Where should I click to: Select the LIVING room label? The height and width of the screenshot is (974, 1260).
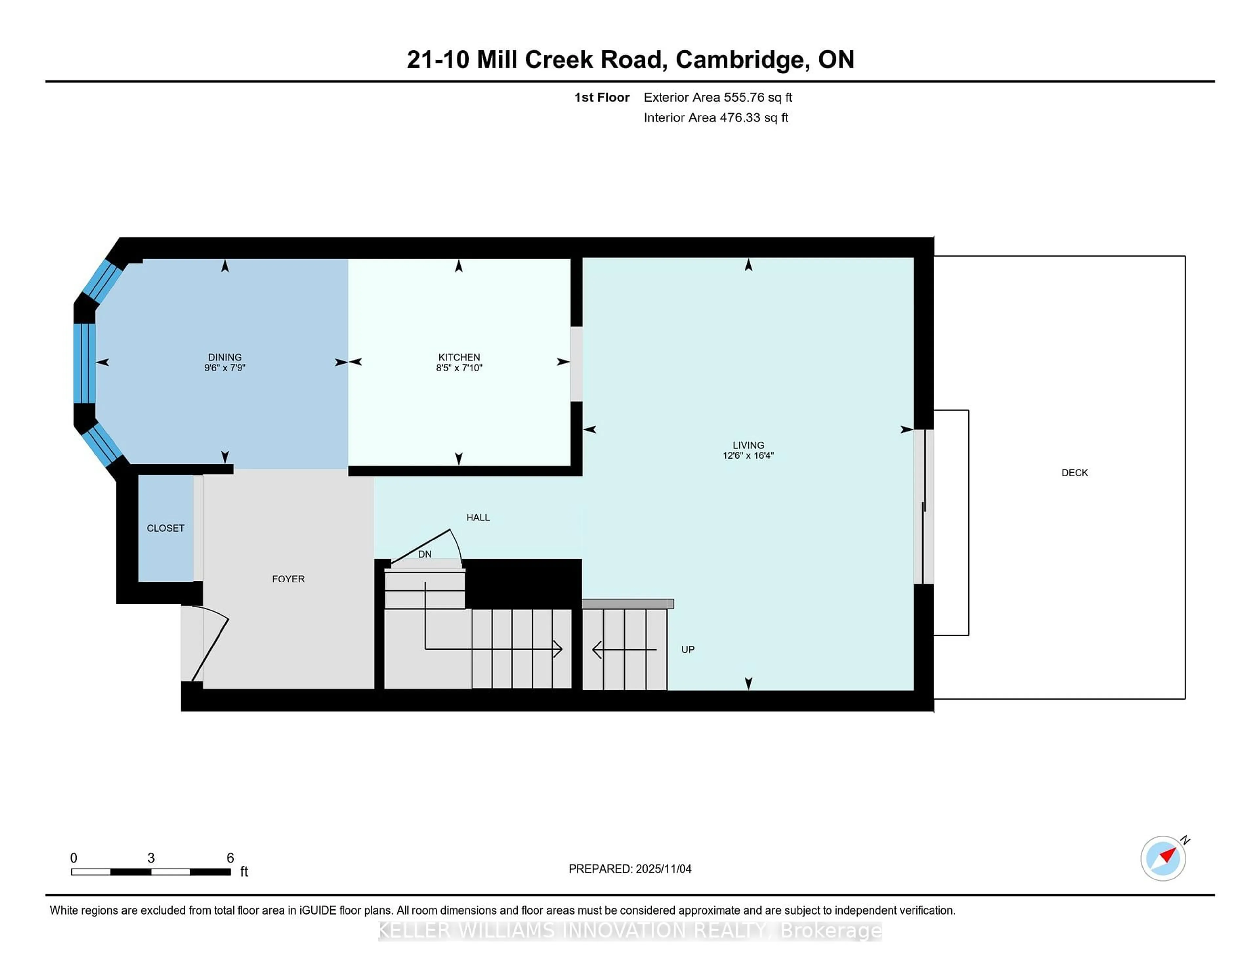[x=748, y=445]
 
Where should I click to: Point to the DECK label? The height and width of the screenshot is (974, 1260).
[x=1074, y=473]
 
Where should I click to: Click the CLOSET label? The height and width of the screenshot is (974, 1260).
[x=166, y=528]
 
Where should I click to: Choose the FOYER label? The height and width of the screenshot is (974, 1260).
[x=288, y=579]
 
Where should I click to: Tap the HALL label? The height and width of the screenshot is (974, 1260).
[x=478, y=518]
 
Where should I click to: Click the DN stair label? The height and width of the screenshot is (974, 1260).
[x=425, y=554]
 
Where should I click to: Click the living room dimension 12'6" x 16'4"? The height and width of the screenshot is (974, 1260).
[x=748, y=455]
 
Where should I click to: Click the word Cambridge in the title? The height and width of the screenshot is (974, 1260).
[x=739, y=59]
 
